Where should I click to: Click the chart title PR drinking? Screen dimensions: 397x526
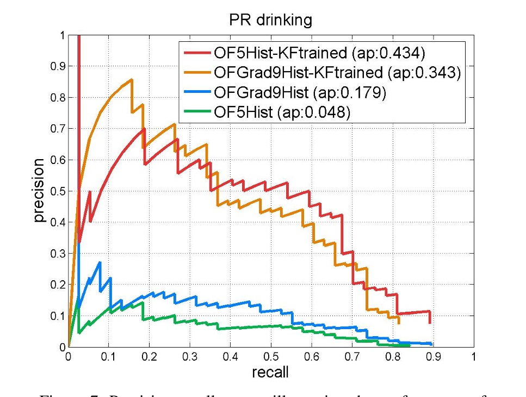coord(270,21)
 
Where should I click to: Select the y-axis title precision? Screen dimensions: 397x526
coord(39,191)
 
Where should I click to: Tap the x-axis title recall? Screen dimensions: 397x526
coord(270,372)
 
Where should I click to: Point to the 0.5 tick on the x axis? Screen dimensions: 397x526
coord(271,357)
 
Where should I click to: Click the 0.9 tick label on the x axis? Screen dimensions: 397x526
coord(433,357)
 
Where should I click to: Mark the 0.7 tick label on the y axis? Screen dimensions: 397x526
coord(57,129)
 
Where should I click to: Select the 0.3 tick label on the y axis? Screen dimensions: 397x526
coord(57,253)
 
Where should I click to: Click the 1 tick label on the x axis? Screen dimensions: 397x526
coord(474,357)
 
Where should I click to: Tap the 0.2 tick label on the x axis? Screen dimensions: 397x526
coord(149,357)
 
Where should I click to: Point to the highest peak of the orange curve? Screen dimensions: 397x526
coord(132,80)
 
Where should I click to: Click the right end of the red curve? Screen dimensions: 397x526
coord(430,323)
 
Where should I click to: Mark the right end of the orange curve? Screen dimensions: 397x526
coord(399,323)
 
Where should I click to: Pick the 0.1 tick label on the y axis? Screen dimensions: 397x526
coord(57,316)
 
